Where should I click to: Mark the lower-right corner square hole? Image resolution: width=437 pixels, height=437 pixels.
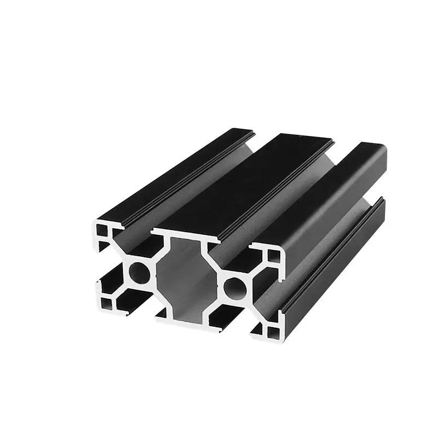click(x=269, y=329)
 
